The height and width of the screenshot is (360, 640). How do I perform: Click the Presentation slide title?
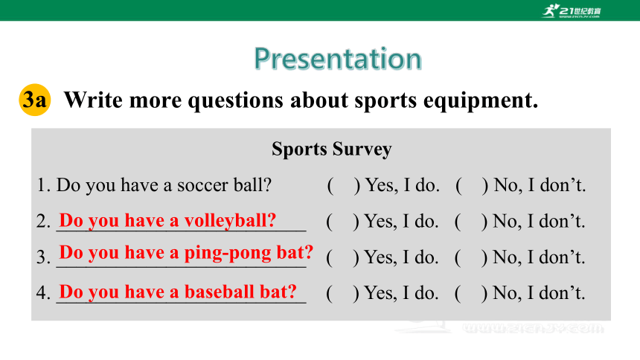click(338, 60)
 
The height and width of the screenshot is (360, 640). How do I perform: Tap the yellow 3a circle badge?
click(35, 100)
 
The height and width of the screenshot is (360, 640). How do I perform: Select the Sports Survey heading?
click(331, 149)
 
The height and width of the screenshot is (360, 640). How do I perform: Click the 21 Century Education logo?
click(572, 11)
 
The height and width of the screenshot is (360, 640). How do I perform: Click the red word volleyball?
click(230, 221)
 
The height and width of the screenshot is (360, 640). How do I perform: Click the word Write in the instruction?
click(93, 100)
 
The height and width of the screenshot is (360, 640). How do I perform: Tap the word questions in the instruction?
click(235, 101)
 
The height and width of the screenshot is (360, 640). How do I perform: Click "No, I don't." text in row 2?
click(539, 222)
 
